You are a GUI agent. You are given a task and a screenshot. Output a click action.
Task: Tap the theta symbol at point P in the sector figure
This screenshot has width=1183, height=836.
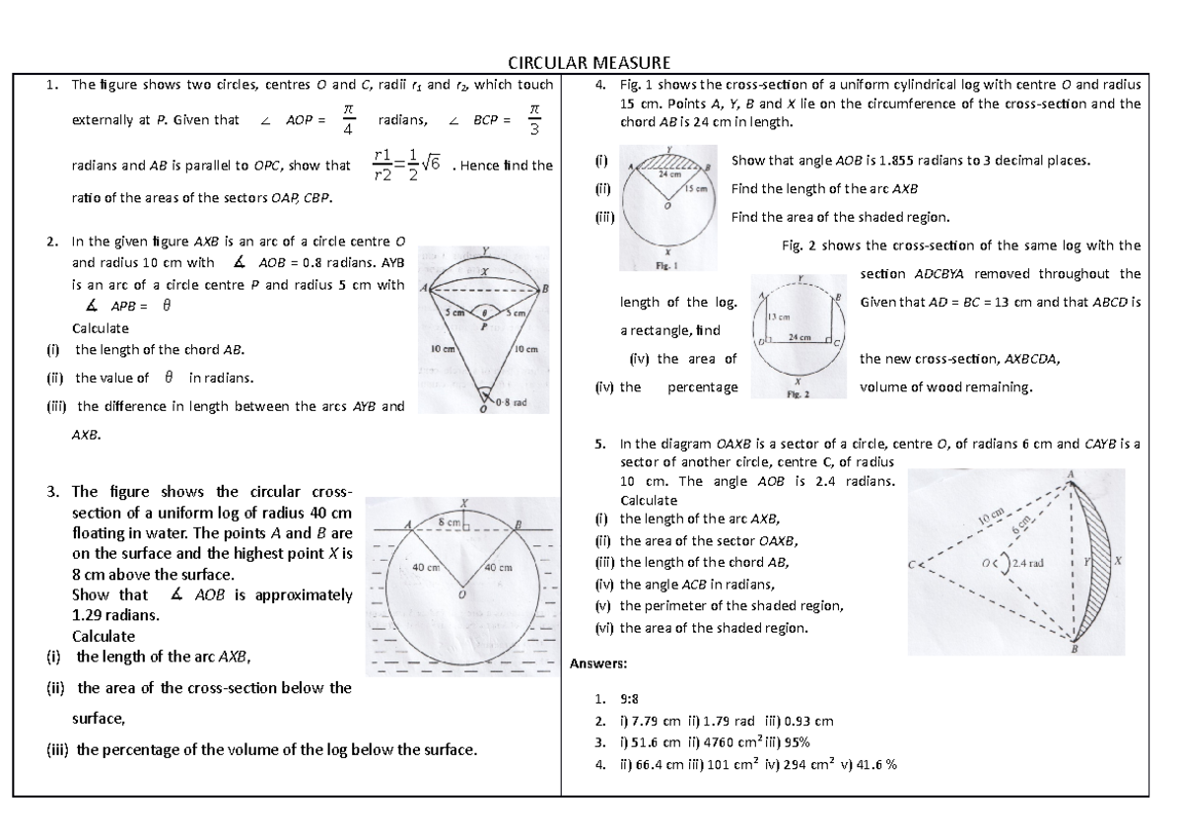pyautogui.click(x=483, y=311)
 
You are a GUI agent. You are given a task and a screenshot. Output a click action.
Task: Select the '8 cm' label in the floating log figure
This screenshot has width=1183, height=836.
pyautogui.click(x=450, y=520)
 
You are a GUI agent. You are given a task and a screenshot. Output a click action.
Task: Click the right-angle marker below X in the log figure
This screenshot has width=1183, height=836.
pyautogui.click(x=466, y=529)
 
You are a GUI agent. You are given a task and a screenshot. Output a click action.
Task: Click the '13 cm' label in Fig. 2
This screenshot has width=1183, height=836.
pyautogui.click(x=779, y=316)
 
